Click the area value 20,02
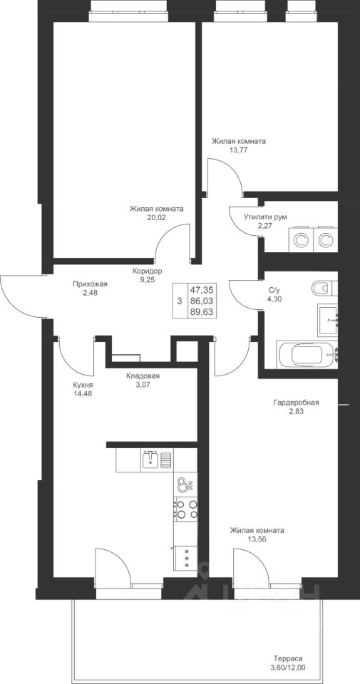tap(156, 217)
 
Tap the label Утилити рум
tap(266, 217)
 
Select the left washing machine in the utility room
tap(300, 239)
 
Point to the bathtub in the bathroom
tap(307, 355)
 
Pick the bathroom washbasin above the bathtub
tap(328, 320)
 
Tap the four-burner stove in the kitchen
tap(186, 509)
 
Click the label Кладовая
tap(143, 376)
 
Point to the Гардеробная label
tap(297, 402)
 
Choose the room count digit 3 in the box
tap(179, 301)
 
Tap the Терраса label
tap(288, 658)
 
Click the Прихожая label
tap(90, 284)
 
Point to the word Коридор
tap(148, 271)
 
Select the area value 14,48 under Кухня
tap(83, 393)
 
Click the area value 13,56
tap(257, 539)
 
